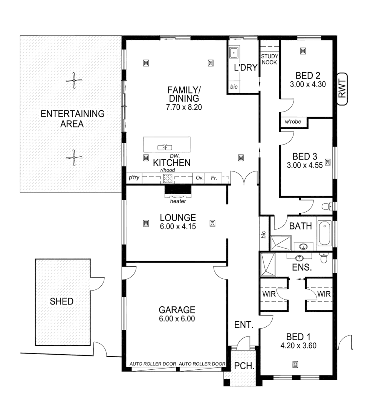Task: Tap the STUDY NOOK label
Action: [269, 59]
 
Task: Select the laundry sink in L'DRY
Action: [234, 52]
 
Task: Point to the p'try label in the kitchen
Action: [134, 177]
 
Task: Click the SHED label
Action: [62, 301]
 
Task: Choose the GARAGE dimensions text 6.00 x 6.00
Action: [177, 319]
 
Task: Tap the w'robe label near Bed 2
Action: [293, 122]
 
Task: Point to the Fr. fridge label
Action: [214, 177]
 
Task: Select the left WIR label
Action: [269, 294]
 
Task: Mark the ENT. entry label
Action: [243, 324]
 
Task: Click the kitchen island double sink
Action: [167, 147]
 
